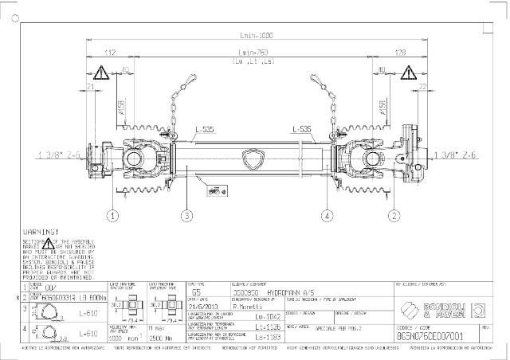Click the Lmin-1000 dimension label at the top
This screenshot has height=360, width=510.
[256, 36]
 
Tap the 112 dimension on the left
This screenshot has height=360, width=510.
[111, 53]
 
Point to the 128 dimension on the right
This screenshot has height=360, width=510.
[398, 53]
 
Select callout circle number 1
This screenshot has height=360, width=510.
[113, 215]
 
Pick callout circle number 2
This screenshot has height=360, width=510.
[394, 215]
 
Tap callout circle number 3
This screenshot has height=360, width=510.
[186, 215]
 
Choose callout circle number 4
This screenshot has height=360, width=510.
[327, 215]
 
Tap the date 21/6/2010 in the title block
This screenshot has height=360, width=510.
[201, 304]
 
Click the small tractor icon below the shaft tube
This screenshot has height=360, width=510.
[214, 190]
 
